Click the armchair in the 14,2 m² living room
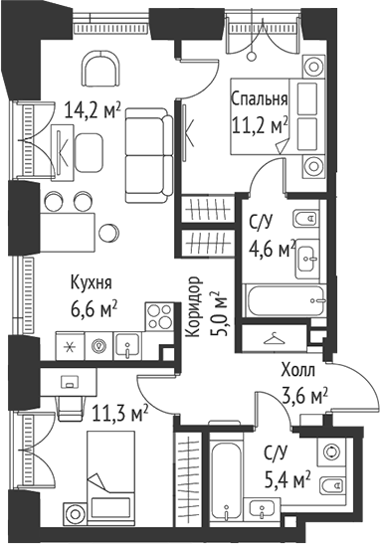pyautogui.click(x=99, y=72)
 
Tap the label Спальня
pyautogui.click(x=260, y=99)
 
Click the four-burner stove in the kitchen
pyautogui.click(x=159, y=316)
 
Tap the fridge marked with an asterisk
pyautogui.click(x=71, y=345)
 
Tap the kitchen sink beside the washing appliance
pyautogui.click(x=125, y=346)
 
